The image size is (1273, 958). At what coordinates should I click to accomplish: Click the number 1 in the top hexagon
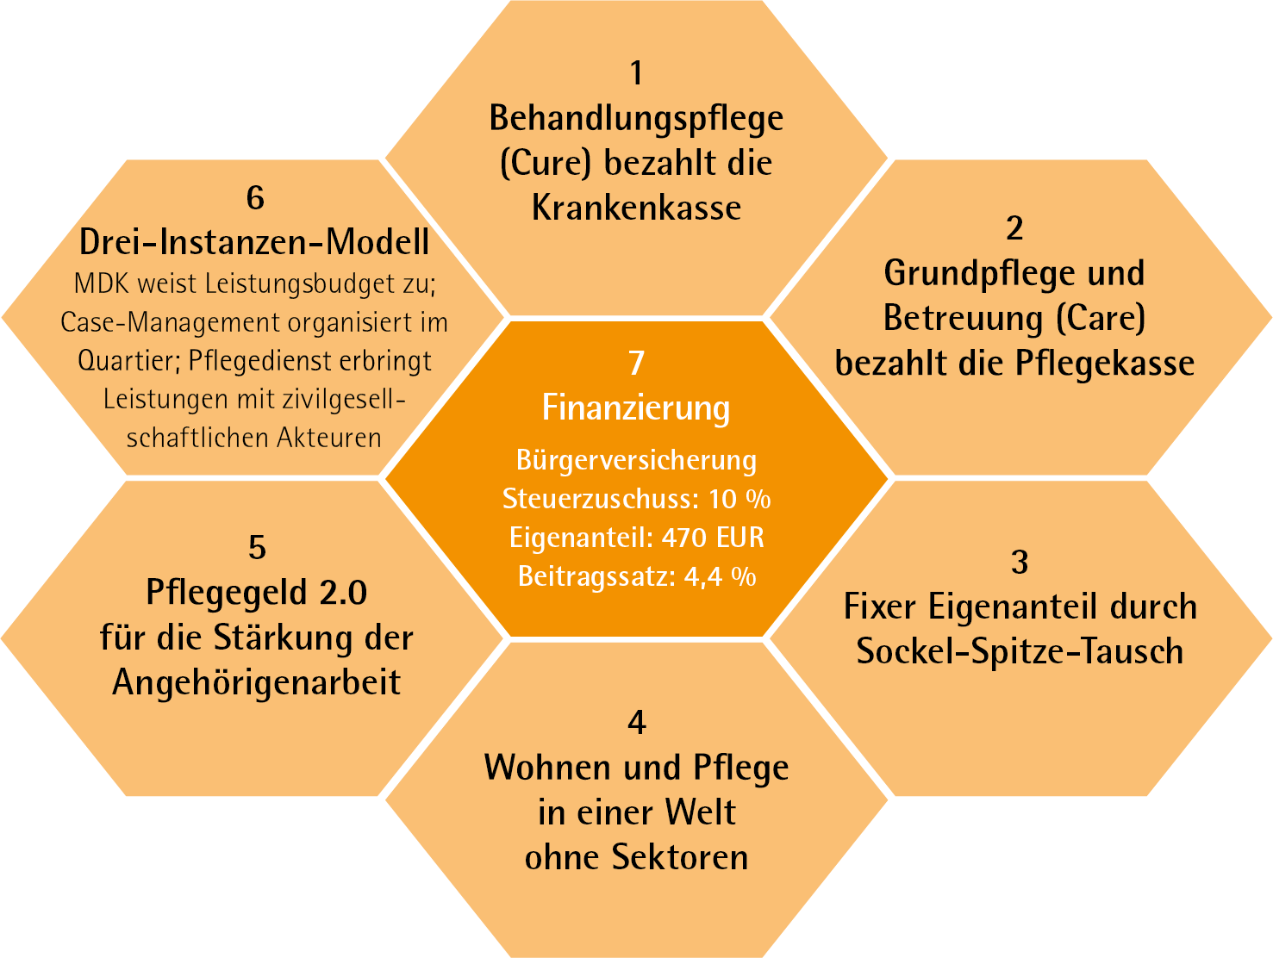pyautogui.click(x=636, y=73)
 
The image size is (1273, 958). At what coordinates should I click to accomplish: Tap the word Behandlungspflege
pyautogui.click(x=636, y=119)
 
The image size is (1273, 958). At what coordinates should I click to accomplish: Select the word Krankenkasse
pyautogui.click(x=636, y=208)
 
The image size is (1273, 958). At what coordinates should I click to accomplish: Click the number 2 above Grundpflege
pyautogui.click(x=1014, y=228)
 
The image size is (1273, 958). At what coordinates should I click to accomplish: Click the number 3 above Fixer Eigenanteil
pyautogui.click(x=1020, y=563)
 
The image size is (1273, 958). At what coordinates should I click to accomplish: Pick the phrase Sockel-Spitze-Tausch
pyautogui.click(x=1020, y=651)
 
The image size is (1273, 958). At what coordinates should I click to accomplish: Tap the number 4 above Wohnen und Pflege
pyautogui.click(x=636, y=722)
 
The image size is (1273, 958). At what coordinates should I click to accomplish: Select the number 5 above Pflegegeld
pyautogui.click(x=257, y=548)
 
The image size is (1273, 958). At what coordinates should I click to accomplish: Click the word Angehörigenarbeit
pyautogui.click(x=257, y=682)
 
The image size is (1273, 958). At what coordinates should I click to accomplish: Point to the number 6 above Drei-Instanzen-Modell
pyautogui.click(x=255, y=198)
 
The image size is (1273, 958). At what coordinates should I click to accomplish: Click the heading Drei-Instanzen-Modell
pyautogui.click(x=254, y=243)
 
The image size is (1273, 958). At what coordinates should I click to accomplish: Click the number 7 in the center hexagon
pyautogui.click(x=636, y=364)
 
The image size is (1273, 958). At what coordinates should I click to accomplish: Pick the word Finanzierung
pyautogui.click(x=636, y=407)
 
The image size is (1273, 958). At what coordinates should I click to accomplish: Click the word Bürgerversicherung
pyautogui.click(x=636, y=460)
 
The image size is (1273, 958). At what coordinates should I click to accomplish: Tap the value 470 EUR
pyautogui.click(x=713, y=538)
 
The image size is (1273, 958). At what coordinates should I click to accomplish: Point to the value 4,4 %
pyautogui.click(x=720, y=576)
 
